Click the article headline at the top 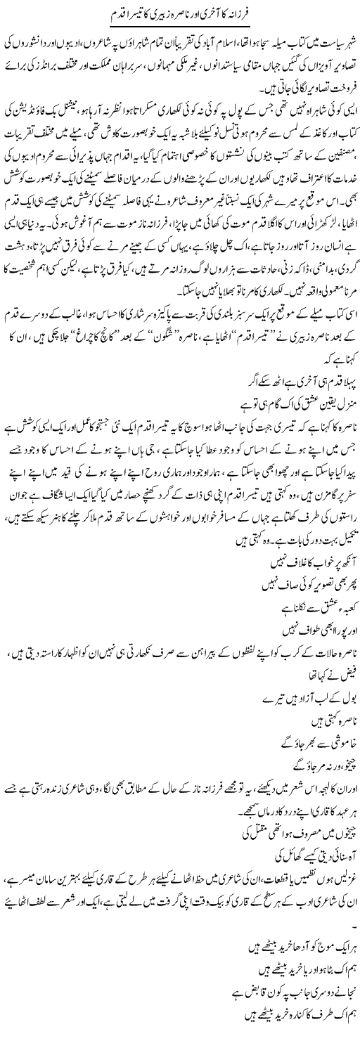[x=180, y=14]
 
